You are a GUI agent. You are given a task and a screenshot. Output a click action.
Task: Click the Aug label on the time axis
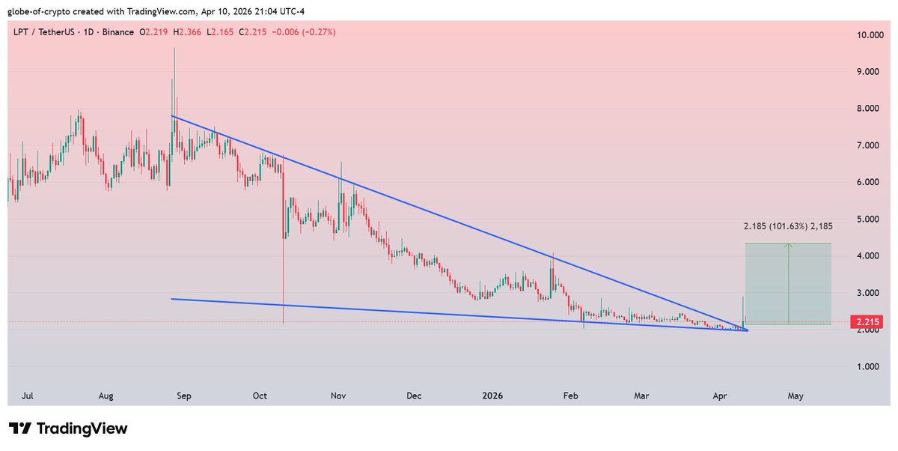(x=106, y=395)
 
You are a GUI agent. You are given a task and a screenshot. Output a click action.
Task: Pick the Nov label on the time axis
(x=337, y=395)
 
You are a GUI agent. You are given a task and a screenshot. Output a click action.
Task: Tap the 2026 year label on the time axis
(x=492, y=395)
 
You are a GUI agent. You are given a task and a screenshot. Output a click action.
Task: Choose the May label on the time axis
(x=795, y=395)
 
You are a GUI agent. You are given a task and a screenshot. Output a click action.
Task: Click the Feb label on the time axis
(x=571, y=395)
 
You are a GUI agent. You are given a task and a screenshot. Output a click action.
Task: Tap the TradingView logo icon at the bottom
(x=20, y=429)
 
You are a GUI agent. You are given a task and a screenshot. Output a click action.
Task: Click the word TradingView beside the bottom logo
(x=82, y=429)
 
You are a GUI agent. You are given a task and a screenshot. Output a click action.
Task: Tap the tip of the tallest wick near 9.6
(x=174, y=49)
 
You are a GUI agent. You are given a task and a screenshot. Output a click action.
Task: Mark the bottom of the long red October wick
(x=284, y=324)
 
